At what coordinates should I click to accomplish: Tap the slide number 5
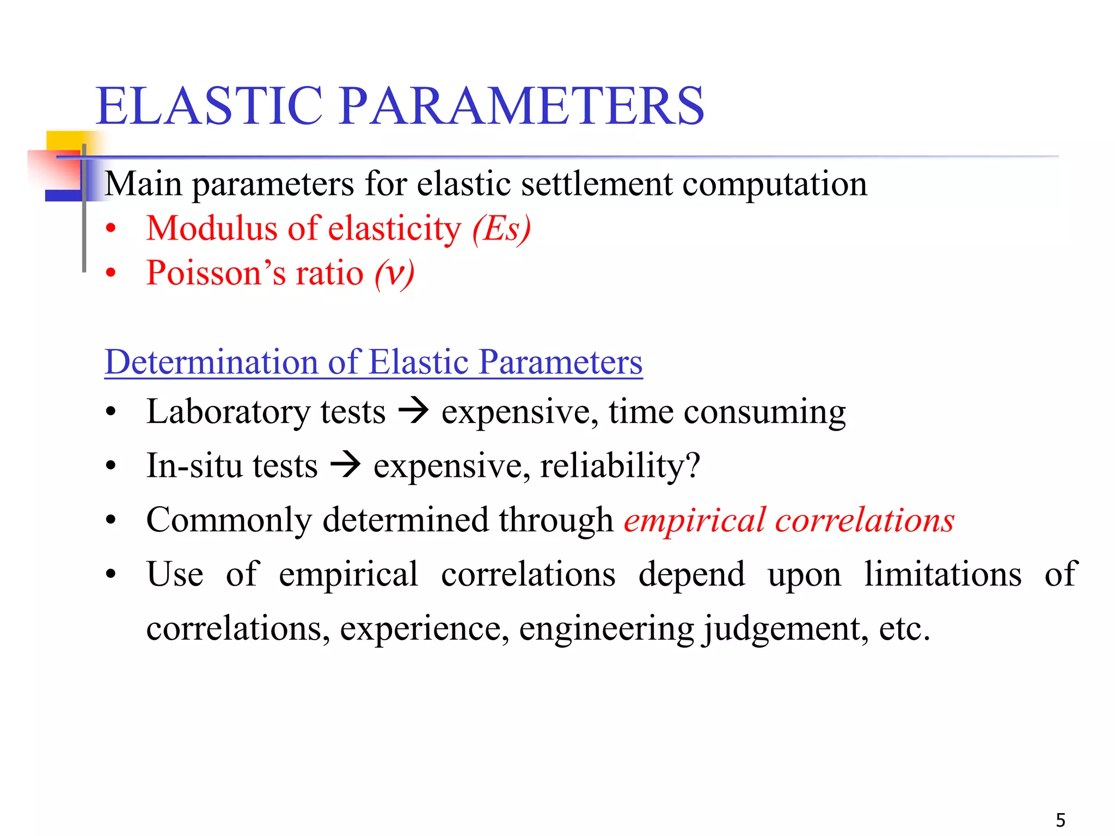pos(1061,820)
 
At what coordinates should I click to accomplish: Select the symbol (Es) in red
pos(501,229)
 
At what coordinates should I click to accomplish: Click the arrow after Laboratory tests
pos(414,411)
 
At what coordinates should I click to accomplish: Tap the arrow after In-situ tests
pos(346,465)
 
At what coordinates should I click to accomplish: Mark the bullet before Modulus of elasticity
pos(111,229)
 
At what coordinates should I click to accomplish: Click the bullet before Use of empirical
pos(111,574)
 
